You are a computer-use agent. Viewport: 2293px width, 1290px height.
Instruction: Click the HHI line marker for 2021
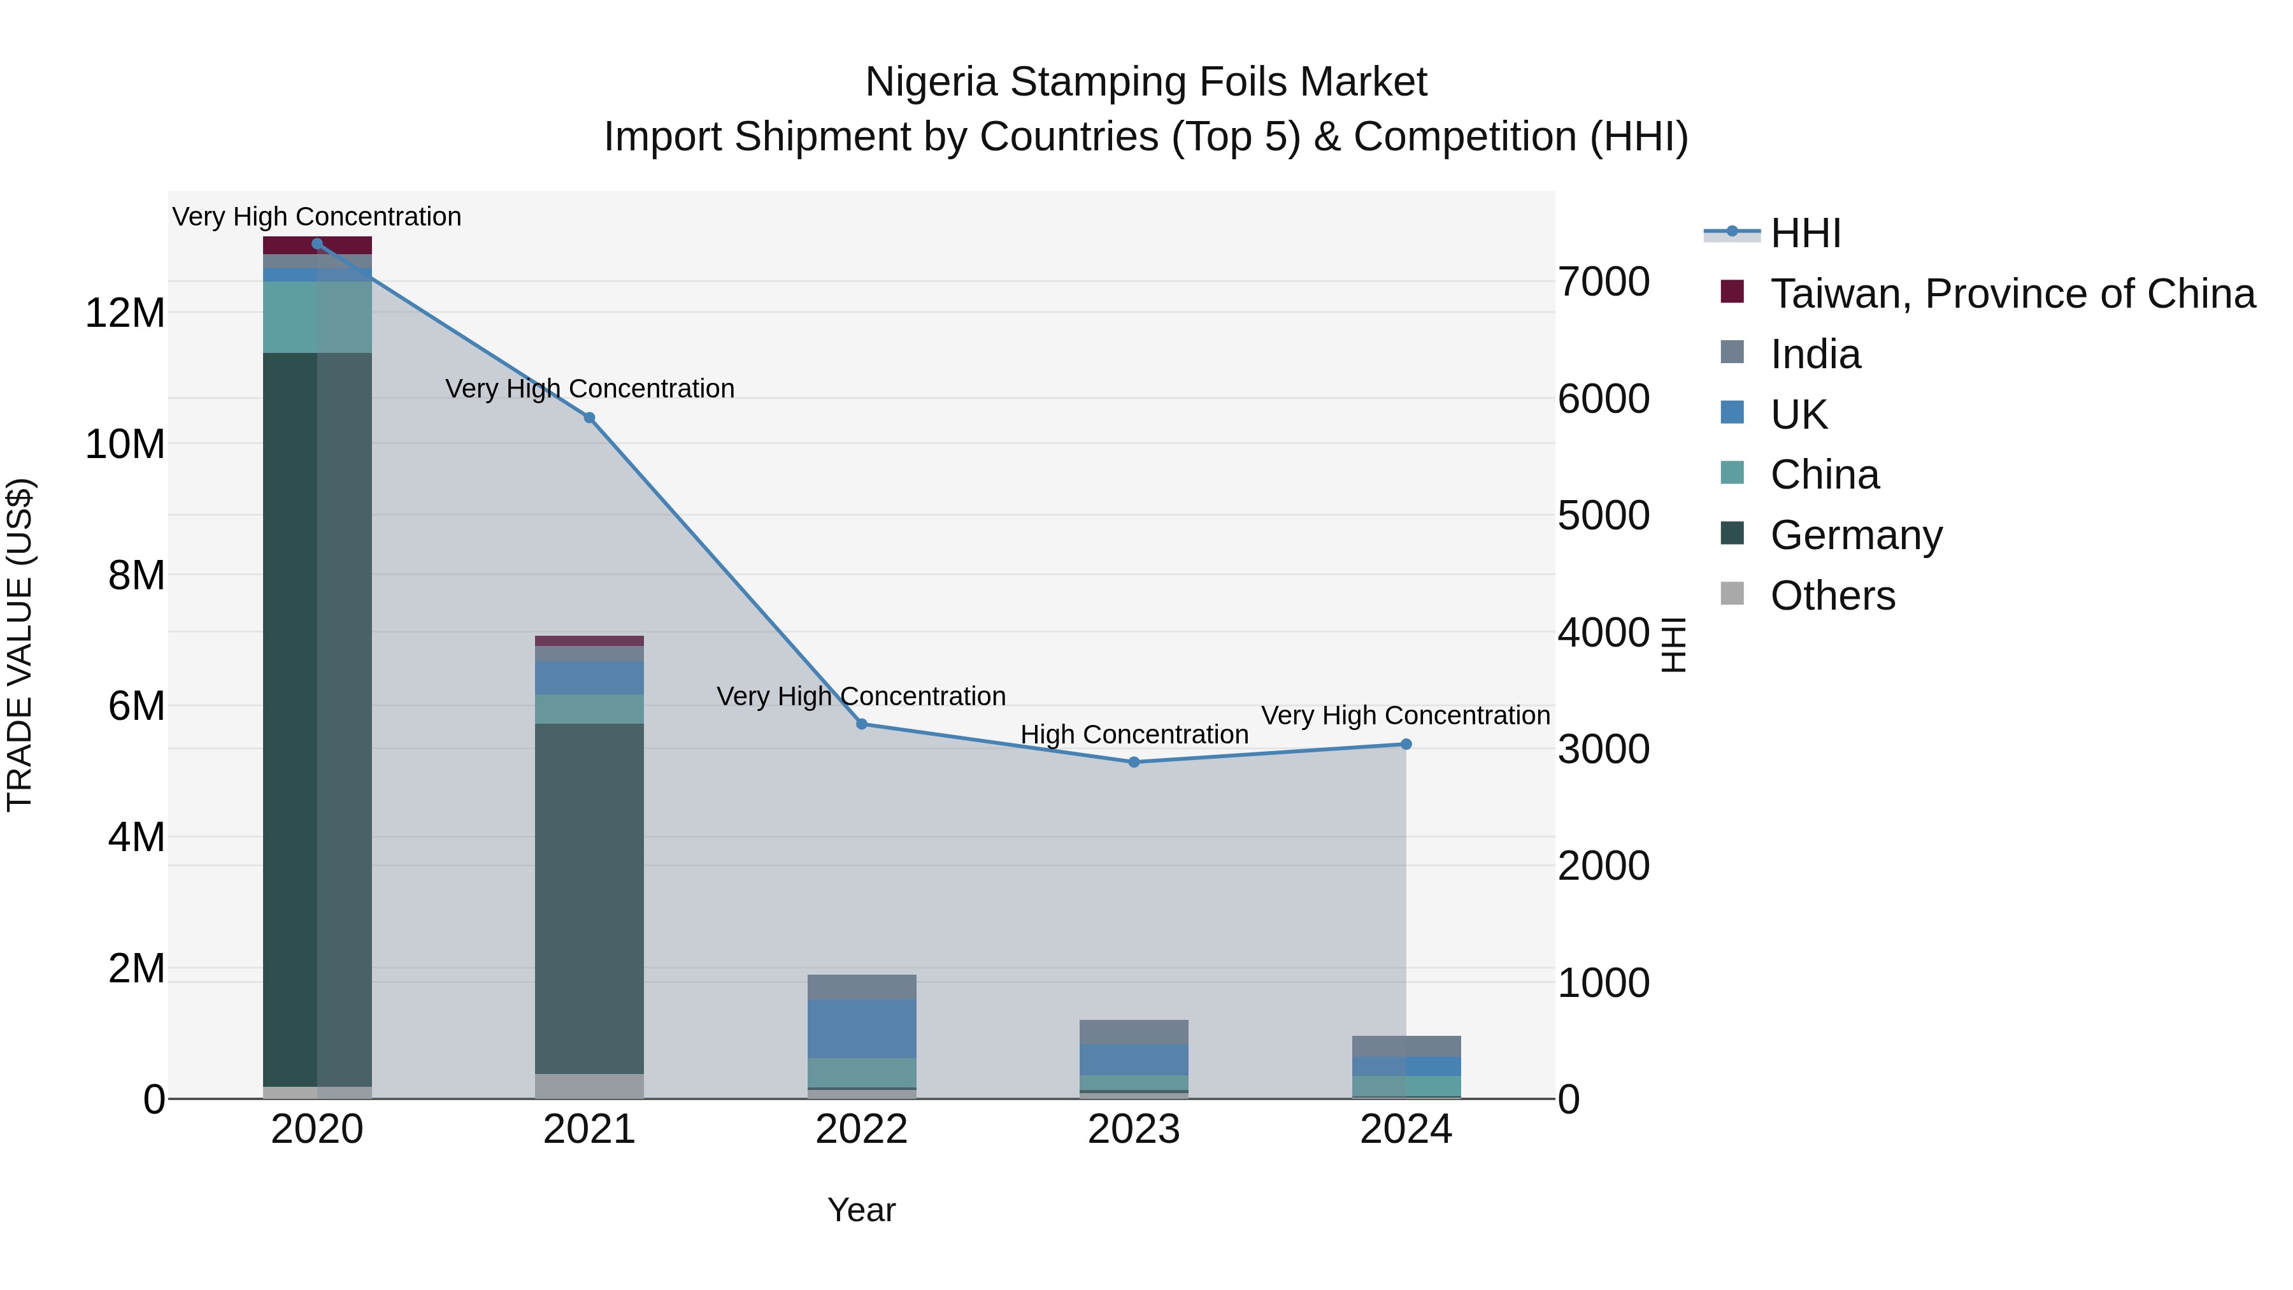(589, 417)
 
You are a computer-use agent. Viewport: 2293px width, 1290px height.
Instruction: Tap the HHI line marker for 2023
(1134, 762)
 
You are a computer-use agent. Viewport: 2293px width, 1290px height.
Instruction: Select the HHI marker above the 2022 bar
(862, 724)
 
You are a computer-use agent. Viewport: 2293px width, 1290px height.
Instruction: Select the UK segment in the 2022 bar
(862, 1028)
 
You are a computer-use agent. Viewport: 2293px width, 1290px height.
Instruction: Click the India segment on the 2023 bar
(1134, 1032)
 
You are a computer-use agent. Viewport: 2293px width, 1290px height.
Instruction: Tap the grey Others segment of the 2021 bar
(589, 1086)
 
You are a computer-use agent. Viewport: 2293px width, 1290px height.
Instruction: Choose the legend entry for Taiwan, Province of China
(2011, 294)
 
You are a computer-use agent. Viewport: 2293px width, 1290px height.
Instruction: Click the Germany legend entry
(1856, 535)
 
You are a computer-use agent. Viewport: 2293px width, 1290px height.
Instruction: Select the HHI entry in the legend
(1805, 233)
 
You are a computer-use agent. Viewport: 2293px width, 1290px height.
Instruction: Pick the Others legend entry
(1832, 596)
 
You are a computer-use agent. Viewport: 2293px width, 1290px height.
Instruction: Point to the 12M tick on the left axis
(125, 313)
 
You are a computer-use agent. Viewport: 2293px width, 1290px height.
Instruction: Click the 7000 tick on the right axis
(1603, 282)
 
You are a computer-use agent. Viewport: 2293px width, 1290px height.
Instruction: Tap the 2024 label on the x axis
(1406, 1129)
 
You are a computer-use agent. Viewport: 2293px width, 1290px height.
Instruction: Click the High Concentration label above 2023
(1134, 735)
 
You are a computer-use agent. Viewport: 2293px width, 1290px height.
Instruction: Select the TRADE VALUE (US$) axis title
(20, 645)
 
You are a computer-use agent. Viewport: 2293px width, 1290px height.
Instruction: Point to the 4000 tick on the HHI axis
(1603, 633)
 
